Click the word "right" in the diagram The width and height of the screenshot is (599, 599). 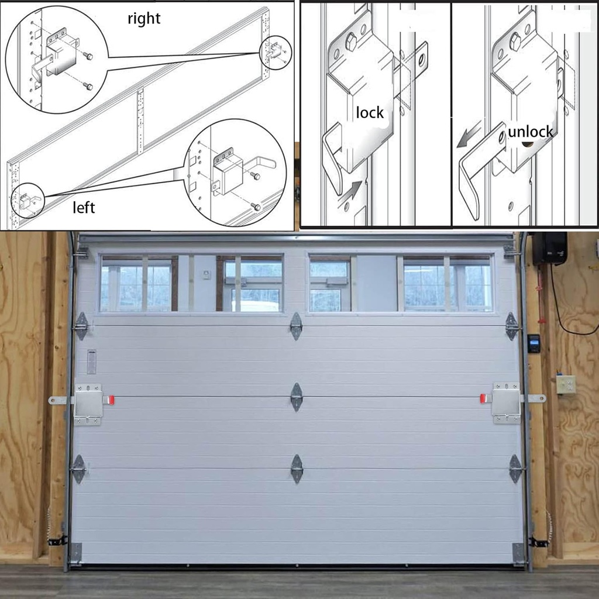[x=144, y=19]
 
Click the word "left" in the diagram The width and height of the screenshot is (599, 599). [x=83, y=207]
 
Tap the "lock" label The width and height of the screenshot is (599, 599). [x=370, y=113]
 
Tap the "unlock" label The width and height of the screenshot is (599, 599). [x=530, y=132]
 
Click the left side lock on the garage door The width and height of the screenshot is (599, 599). [x=88, y=404]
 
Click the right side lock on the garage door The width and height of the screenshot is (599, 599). [x=506, y=402]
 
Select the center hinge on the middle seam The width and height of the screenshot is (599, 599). [x=297, y=397]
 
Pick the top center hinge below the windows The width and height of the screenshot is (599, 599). [x=296, y=326]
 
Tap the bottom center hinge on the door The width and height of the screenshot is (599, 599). [x=297, y=469]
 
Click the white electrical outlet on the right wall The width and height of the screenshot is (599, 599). [x=566, y=384]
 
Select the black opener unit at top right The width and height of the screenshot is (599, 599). [x=549, y=248]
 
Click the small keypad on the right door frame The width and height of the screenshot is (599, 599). [x=533, y=343]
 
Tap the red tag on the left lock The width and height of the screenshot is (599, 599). [x=110, y=400]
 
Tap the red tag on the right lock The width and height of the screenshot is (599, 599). [x=484, y=398]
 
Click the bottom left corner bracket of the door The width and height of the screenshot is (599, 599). [x=76, y=552]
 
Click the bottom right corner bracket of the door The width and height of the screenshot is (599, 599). [x=518, y=552]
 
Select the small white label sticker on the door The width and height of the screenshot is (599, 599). [x=91, y=361]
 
